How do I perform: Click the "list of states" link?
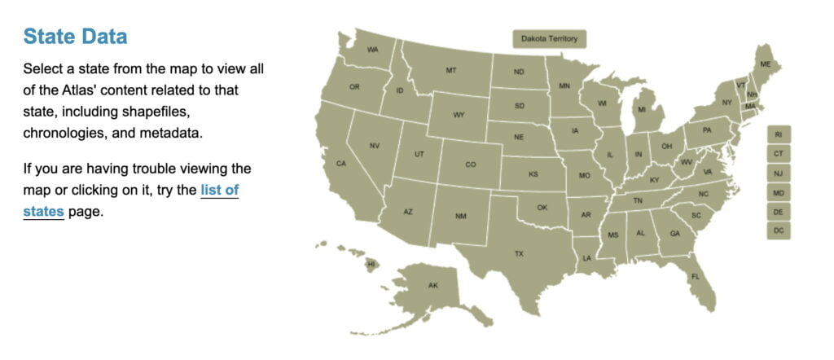tap(219, 191)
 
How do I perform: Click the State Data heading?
tap(75, 37)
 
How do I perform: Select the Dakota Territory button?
tap(549, 38)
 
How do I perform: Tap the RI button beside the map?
tap(779, 134)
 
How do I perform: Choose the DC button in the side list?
tap(779, 231)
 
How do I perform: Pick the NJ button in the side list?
tap(779, 173)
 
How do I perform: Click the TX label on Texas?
tap(519, 254)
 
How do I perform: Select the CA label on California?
tap(341, 164)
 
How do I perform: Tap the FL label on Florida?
tap(696, 277)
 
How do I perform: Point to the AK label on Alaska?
tap(432, 285)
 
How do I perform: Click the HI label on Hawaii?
tap(371, 264)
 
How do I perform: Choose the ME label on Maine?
tap(766, 64)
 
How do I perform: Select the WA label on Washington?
tap(372, 50)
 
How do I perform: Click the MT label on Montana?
tap(450, 70)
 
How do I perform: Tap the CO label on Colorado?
tap(470, 165)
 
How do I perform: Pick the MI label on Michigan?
tap(642, 110)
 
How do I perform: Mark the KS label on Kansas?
tap(533, 174)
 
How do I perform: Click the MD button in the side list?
tap(779, 193)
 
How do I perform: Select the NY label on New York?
tap(726, 103)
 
